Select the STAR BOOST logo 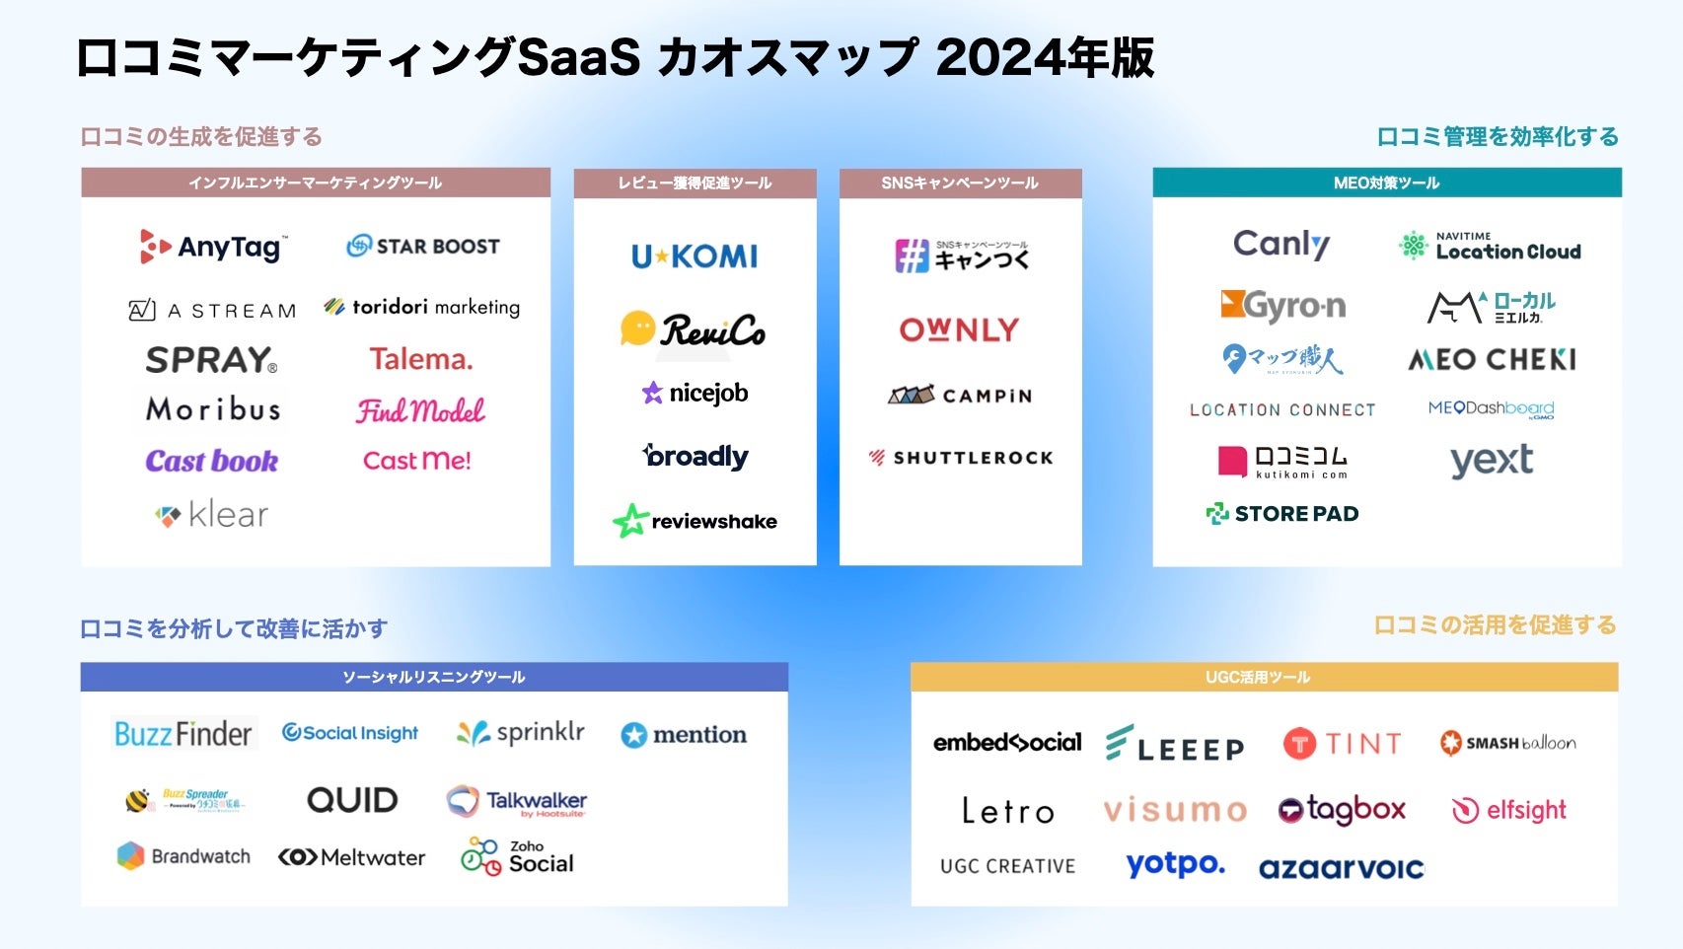[423, 247]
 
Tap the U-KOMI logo [695, 256]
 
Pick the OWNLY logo [959, 329]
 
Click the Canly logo [1281, 244]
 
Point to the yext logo [1491, 461]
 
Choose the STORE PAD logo [1282, 513]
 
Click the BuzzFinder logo [183, 734]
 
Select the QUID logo [352, 800]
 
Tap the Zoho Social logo [517, 856]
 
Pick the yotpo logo [1175, 865]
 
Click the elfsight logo [1509, 810]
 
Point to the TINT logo [1342, 743]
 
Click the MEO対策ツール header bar [1386, 182]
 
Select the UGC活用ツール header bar [1264, 677]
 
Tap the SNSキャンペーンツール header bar [960, 182]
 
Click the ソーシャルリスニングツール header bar [434, 677]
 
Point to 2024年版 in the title [1045, 57]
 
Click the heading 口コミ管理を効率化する [1498, 136]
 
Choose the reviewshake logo [695, 521]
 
